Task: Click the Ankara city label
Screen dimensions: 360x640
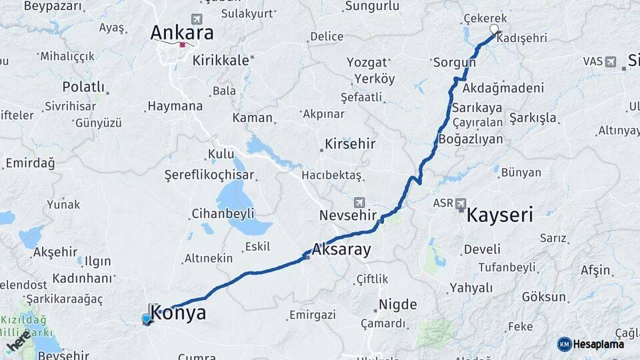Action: [182, 33]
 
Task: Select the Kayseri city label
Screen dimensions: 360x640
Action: [499, 215]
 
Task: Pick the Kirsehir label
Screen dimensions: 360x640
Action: [350, 144]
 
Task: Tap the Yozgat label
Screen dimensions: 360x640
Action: [367, 63]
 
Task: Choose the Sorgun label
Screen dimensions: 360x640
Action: [454, 63]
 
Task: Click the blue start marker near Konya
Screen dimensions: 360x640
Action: [147, 319]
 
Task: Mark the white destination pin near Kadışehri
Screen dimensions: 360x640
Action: [494, 29]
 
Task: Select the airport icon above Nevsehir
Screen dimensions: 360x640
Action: [359, 201]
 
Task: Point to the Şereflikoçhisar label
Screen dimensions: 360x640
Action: [211, 175]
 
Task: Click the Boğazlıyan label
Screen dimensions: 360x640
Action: [471, 139]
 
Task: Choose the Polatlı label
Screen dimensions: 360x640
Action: [84, 87]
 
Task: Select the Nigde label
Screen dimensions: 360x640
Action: [397, 305]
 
